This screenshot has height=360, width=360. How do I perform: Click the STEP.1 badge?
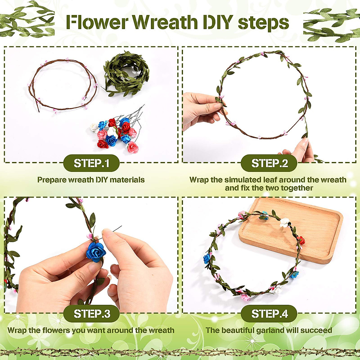tap(91, 163)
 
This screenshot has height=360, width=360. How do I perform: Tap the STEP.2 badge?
tap(269, 163)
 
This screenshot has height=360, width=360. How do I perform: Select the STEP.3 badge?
tap(91, 313)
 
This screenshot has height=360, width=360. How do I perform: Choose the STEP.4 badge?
tap(269, 313)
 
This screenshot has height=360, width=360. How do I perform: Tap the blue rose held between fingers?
tap(96, 252)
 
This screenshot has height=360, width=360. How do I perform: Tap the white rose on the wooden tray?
tap(284, 222)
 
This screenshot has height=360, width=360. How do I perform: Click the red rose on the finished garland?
tap(301, 240)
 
